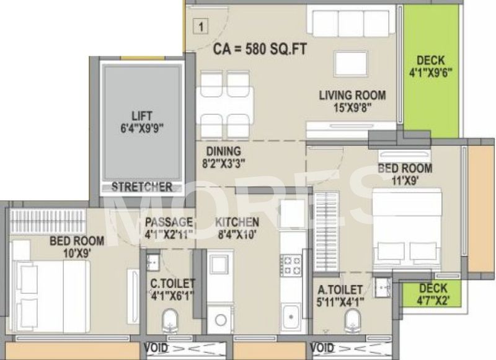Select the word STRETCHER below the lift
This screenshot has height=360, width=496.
(x=141, y=187)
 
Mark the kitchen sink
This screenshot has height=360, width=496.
(x=289, y=318)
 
